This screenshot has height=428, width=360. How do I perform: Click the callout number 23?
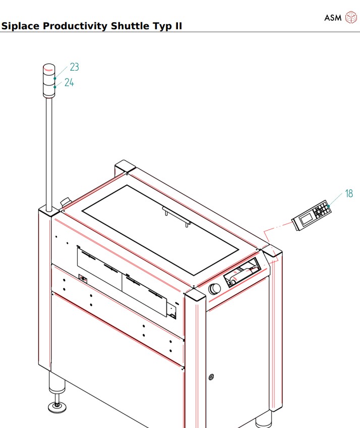coord(74,67)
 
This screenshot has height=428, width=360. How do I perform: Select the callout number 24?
coord(69,82)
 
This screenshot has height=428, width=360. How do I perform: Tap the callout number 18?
coord(349,193)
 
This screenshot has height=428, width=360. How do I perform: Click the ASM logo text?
coord(332,18)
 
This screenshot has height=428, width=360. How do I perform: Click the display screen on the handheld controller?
coord(306,220)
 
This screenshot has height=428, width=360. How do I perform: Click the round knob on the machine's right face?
coord(214,289)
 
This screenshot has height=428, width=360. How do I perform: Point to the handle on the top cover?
coord(176,217)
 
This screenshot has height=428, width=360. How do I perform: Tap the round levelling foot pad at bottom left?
coord(57,406)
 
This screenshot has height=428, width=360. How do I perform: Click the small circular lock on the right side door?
coord(211,377)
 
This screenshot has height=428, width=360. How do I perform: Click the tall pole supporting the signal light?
coord(49,151)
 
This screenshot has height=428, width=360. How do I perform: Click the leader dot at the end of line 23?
coord(55,79)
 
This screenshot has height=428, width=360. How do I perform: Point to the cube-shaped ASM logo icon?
coord(350,18)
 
